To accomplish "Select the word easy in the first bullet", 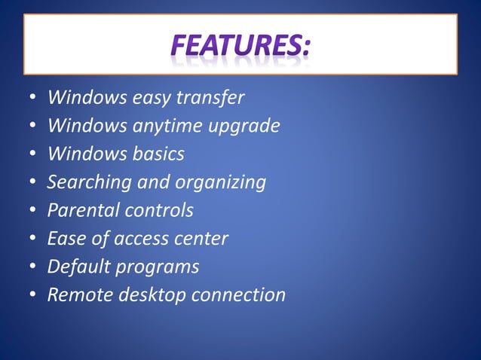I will (x=154, y=98).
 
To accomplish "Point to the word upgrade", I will (x=242, y=126).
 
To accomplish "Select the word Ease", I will (x=65, y=238).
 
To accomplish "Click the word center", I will (x=203, y=239).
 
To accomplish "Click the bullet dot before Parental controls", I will (x=33, y=210).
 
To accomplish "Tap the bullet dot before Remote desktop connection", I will (x=33, y=295).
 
